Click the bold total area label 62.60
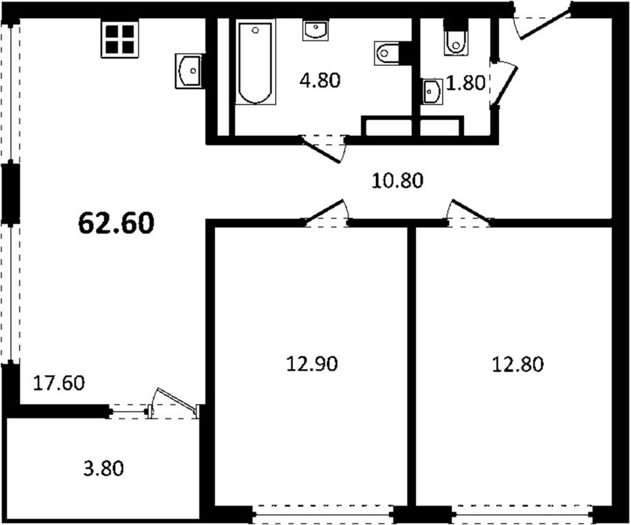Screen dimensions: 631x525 coord(116,223)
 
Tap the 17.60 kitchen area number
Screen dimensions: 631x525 coord(58,383)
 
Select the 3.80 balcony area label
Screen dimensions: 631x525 coord(104,469)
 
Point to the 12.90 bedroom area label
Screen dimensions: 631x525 coord(312,364)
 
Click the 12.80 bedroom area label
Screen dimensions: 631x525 coord(518,364)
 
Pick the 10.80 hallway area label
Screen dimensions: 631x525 coord(397,181)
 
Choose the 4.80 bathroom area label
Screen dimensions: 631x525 coord(320,80)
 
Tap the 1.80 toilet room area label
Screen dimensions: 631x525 coord(465,83)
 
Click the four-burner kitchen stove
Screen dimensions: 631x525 coord(119,40)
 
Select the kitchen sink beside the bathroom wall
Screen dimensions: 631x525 coord(189,70)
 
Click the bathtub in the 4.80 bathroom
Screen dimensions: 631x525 coord(256,63)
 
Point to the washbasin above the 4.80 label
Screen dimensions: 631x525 coord(316,31)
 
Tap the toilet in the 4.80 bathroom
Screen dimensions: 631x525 coord(387,52)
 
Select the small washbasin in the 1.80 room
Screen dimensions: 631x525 coord(432,91)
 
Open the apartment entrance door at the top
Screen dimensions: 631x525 coord(542,22)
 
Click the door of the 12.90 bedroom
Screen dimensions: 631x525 coord(326,212)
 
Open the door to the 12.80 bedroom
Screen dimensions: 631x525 coord(469,212)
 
